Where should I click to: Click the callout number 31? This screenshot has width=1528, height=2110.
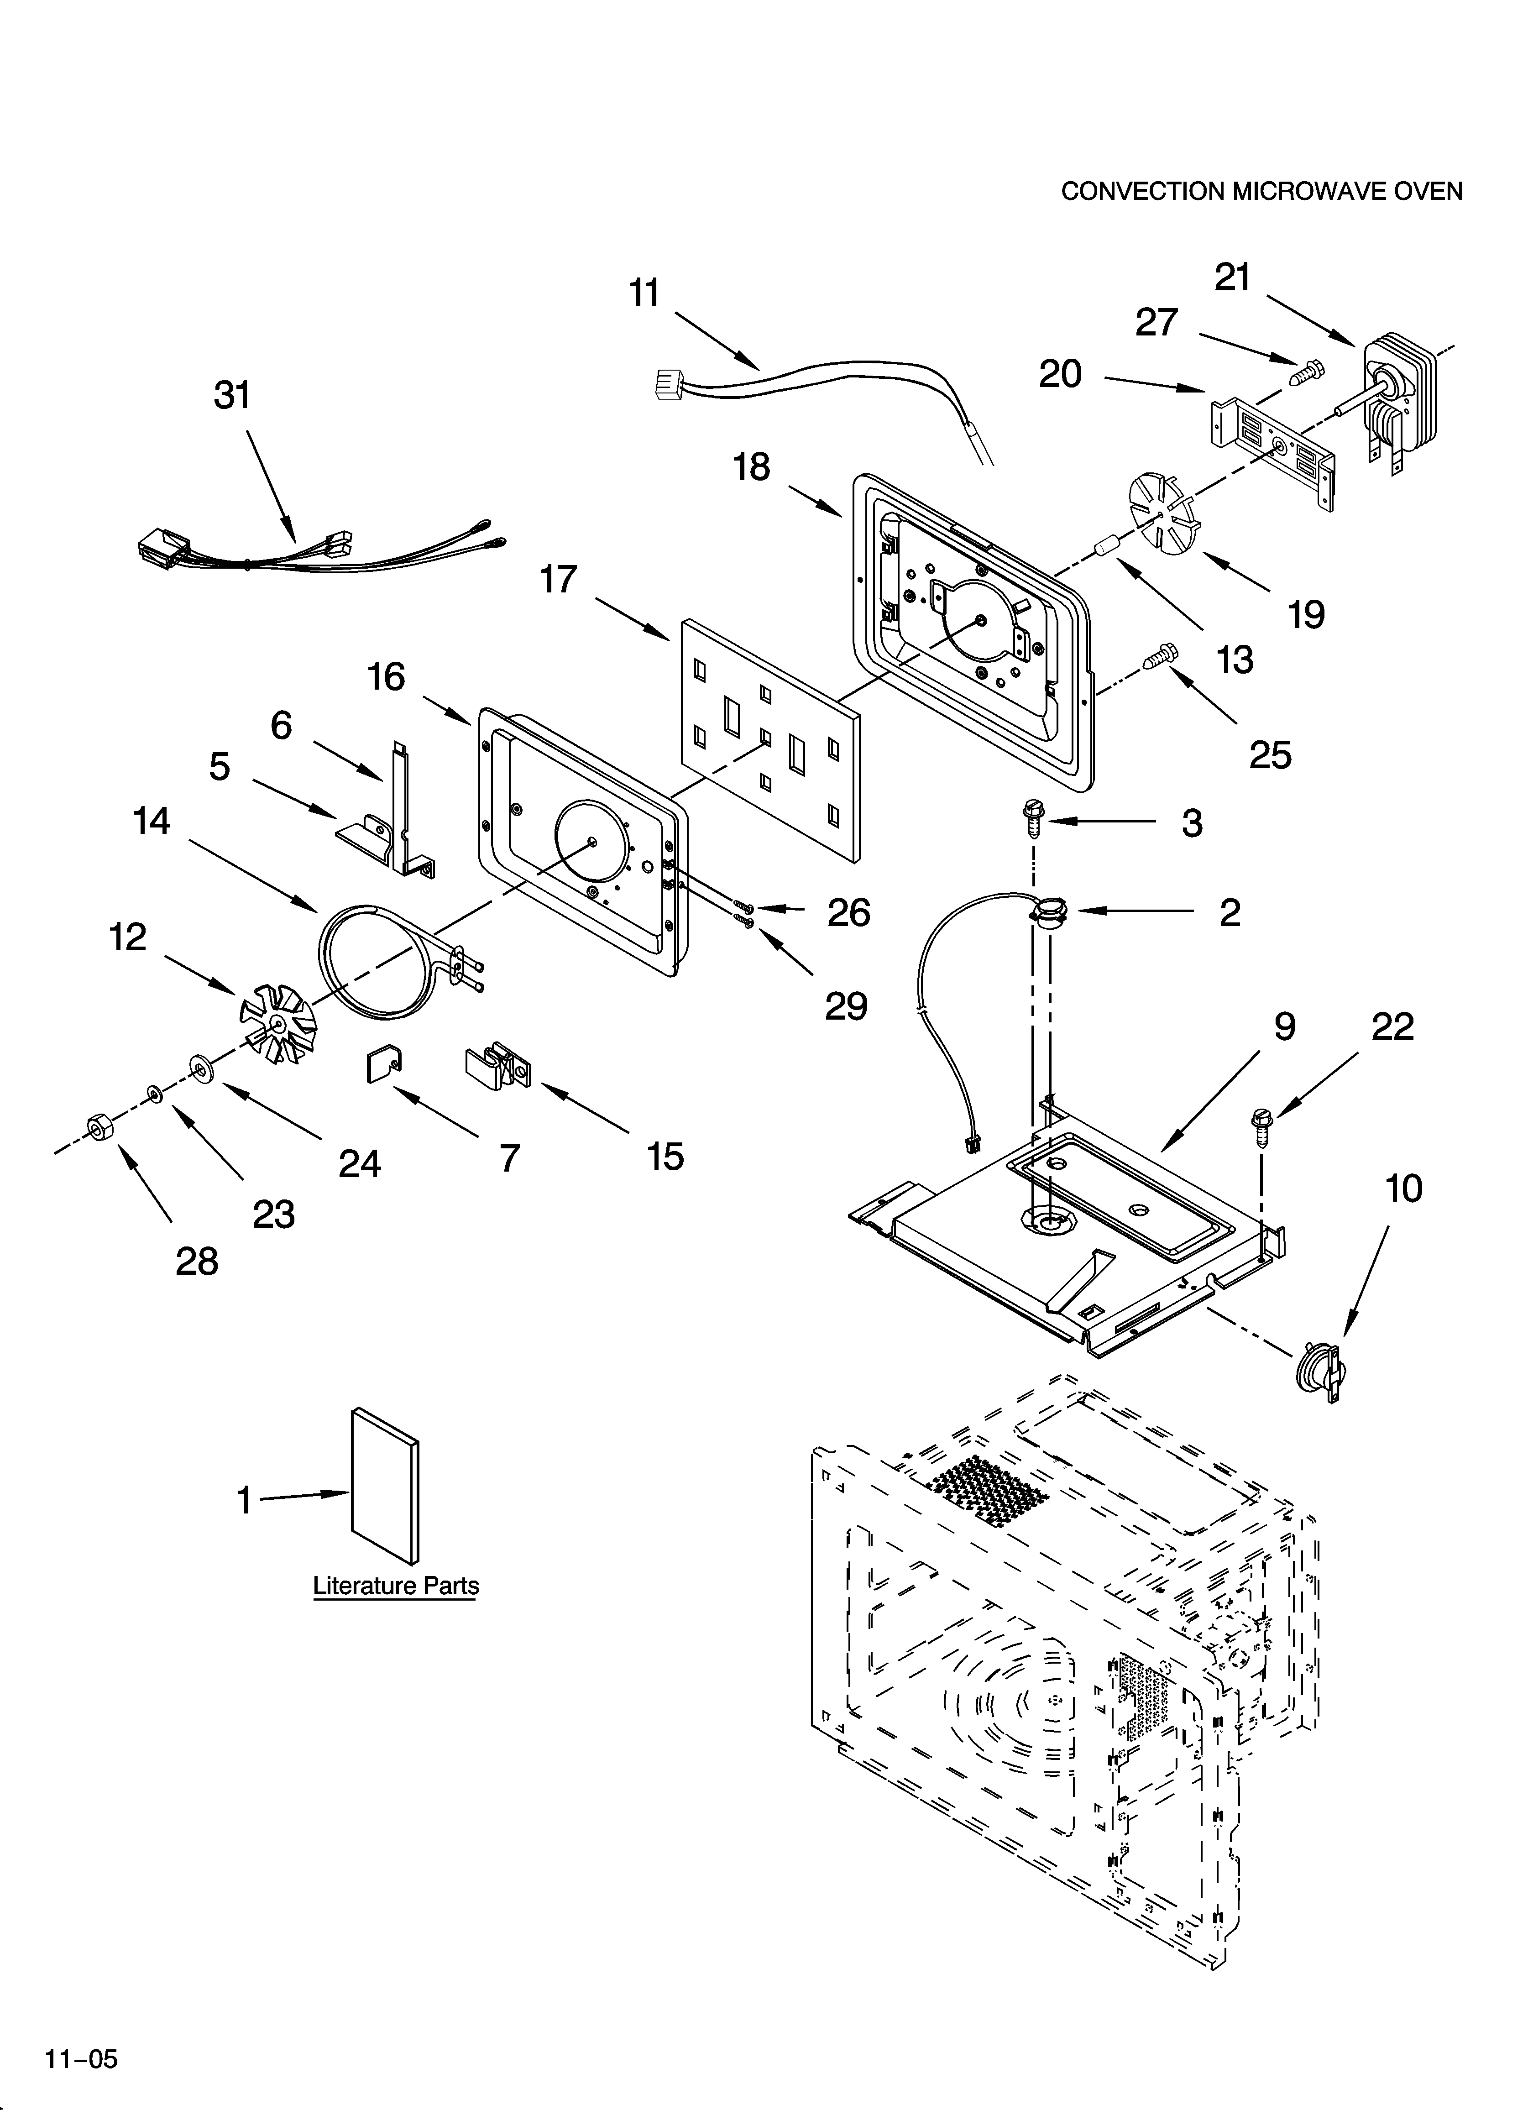(x=233, y=395)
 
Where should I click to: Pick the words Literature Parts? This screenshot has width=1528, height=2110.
(x=396, y=1585)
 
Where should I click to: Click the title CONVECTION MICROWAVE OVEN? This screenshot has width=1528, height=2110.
(x=1261, y=192)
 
